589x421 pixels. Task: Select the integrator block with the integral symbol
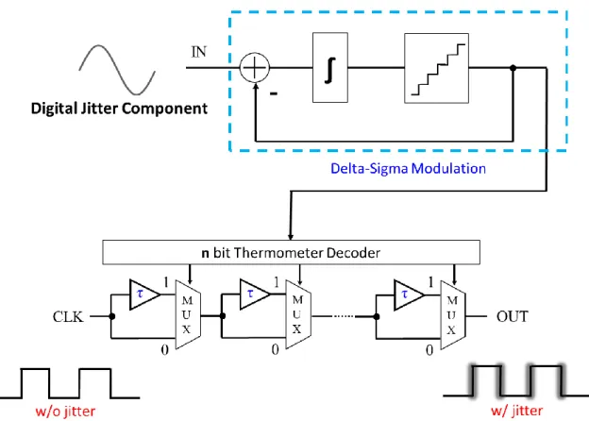[330, 68]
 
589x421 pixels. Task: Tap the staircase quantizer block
[436, 68]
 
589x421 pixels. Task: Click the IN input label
[199, 52]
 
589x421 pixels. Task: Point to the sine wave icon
[117, 70]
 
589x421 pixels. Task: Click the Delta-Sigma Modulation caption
[408, 168]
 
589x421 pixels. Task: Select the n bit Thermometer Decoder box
[291, 252]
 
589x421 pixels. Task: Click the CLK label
[68, 316]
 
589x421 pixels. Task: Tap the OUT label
[513, 316]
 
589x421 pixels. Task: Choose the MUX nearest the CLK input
[188, 314]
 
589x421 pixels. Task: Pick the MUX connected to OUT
[453, 315]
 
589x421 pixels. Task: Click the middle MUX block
[298, 314]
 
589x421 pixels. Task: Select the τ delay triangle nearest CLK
[144, 295]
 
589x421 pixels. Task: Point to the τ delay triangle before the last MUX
[409, 295]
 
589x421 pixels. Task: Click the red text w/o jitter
[65, 412]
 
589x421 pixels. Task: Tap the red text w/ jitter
[517, 411]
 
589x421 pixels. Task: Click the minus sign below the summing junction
[274, 93]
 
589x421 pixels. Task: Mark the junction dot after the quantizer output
[513, 68]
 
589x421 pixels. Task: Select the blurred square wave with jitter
[516, 380]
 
